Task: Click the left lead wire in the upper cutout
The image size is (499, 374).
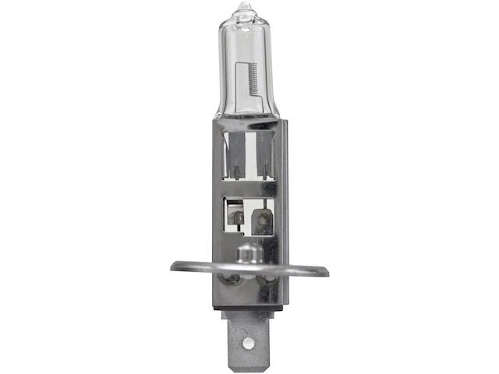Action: pos(232,160)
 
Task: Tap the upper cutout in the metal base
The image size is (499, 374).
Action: pos(247,156)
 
